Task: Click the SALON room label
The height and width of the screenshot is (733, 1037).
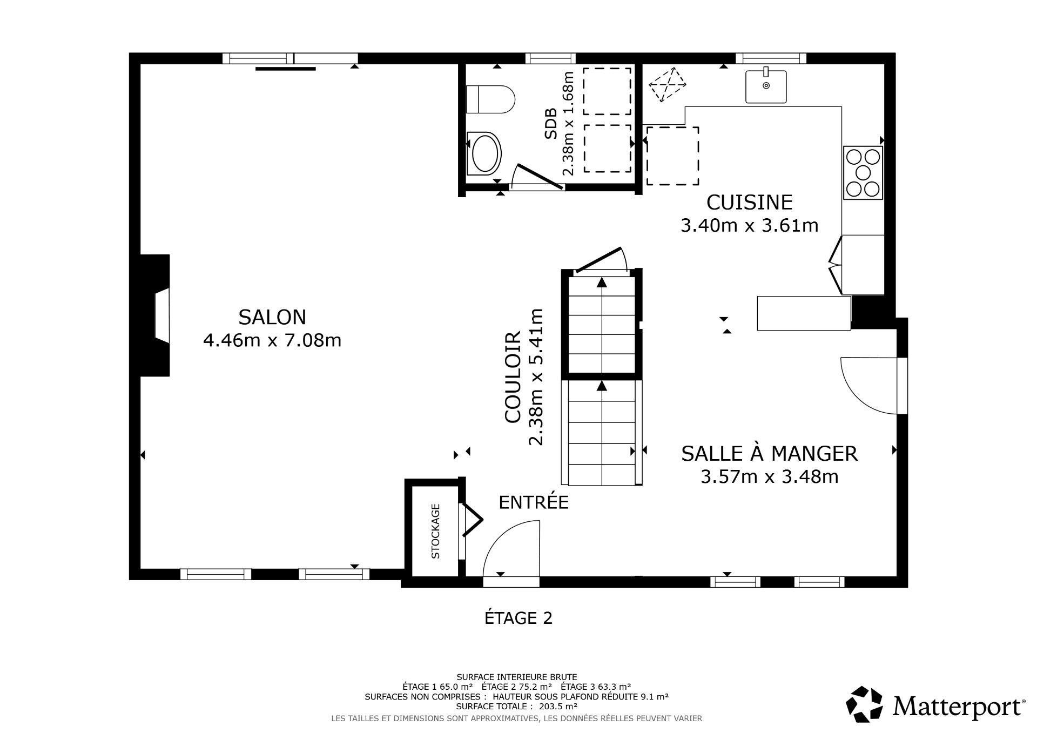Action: coord(272,317)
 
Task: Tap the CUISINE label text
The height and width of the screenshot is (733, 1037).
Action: coord(749,203)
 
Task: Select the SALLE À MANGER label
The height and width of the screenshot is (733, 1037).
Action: coord(769,454)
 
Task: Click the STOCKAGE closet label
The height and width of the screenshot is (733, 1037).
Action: coord(436,531)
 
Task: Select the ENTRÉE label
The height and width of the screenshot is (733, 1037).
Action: coord(533,503)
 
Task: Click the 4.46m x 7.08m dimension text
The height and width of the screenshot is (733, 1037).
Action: coord(272,341)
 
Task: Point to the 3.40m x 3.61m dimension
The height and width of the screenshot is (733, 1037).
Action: coord(749,225)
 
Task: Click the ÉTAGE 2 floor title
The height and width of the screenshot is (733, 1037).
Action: coord(518,618)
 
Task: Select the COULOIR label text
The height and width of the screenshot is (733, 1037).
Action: coord(512,376)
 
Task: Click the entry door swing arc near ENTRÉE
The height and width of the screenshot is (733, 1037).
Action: coord(510,546)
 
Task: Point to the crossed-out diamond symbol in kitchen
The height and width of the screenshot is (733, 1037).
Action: coord(668,84)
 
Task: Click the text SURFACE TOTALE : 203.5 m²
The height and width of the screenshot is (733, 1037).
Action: coord(517,706)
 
